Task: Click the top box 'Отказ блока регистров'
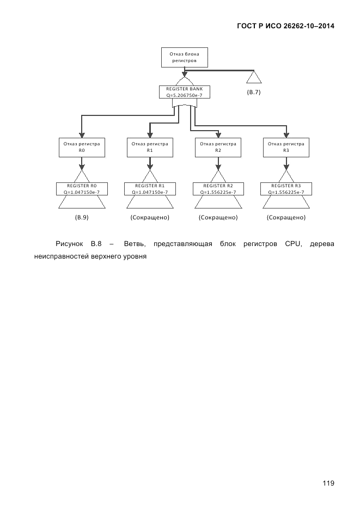tap(185, 58)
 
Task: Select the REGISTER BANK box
tap(184, 92)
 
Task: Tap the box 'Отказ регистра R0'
tap(81, 147)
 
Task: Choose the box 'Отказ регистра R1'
tap(150, 147)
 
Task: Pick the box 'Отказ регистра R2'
tap(218, 147)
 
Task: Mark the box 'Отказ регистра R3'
tap(286, 147)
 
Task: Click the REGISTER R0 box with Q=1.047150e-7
tap(81, 188)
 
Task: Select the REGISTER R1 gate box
tap(150, 188)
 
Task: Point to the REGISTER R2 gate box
tap(218, 188)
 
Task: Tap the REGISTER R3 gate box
tap(286, 188)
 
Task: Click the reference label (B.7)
tap(254, 93)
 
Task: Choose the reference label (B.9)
tap(81, 218)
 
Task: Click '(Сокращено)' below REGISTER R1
tap(150, 218)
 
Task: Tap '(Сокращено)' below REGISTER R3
tap(286, 218)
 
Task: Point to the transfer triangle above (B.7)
tap(254, 77)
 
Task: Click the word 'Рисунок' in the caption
tap(69, 243)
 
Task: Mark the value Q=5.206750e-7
tap(184, 95)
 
